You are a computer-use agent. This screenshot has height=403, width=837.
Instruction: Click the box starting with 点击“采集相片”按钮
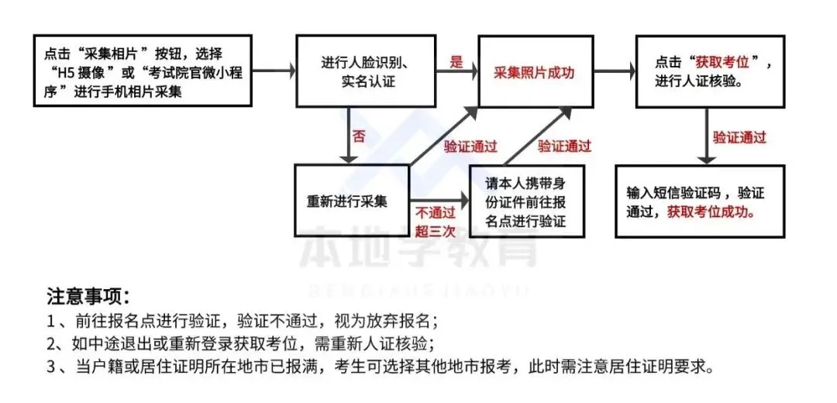(x=143, y=71)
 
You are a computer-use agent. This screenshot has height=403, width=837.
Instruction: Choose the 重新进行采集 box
(x=351, y=201)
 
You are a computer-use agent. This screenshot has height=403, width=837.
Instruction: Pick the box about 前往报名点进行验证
(x=526, y=201)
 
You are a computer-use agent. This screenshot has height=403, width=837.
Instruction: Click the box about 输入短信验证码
(x=700, y=201)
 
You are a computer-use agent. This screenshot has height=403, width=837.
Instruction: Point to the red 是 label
(x=456, y=62)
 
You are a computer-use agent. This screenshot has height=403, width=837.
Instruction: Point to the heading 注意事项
(x=88, y=296)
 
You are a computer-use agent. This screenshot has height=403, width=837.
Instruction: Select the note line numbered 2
(x=240, y=343)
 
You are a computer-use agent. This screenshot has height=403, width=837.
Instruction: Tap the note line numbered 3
(x=379, y=366)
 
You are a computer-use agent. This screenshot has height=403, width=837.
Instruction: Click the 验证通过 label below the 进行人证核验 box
(x=739, y=137)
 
